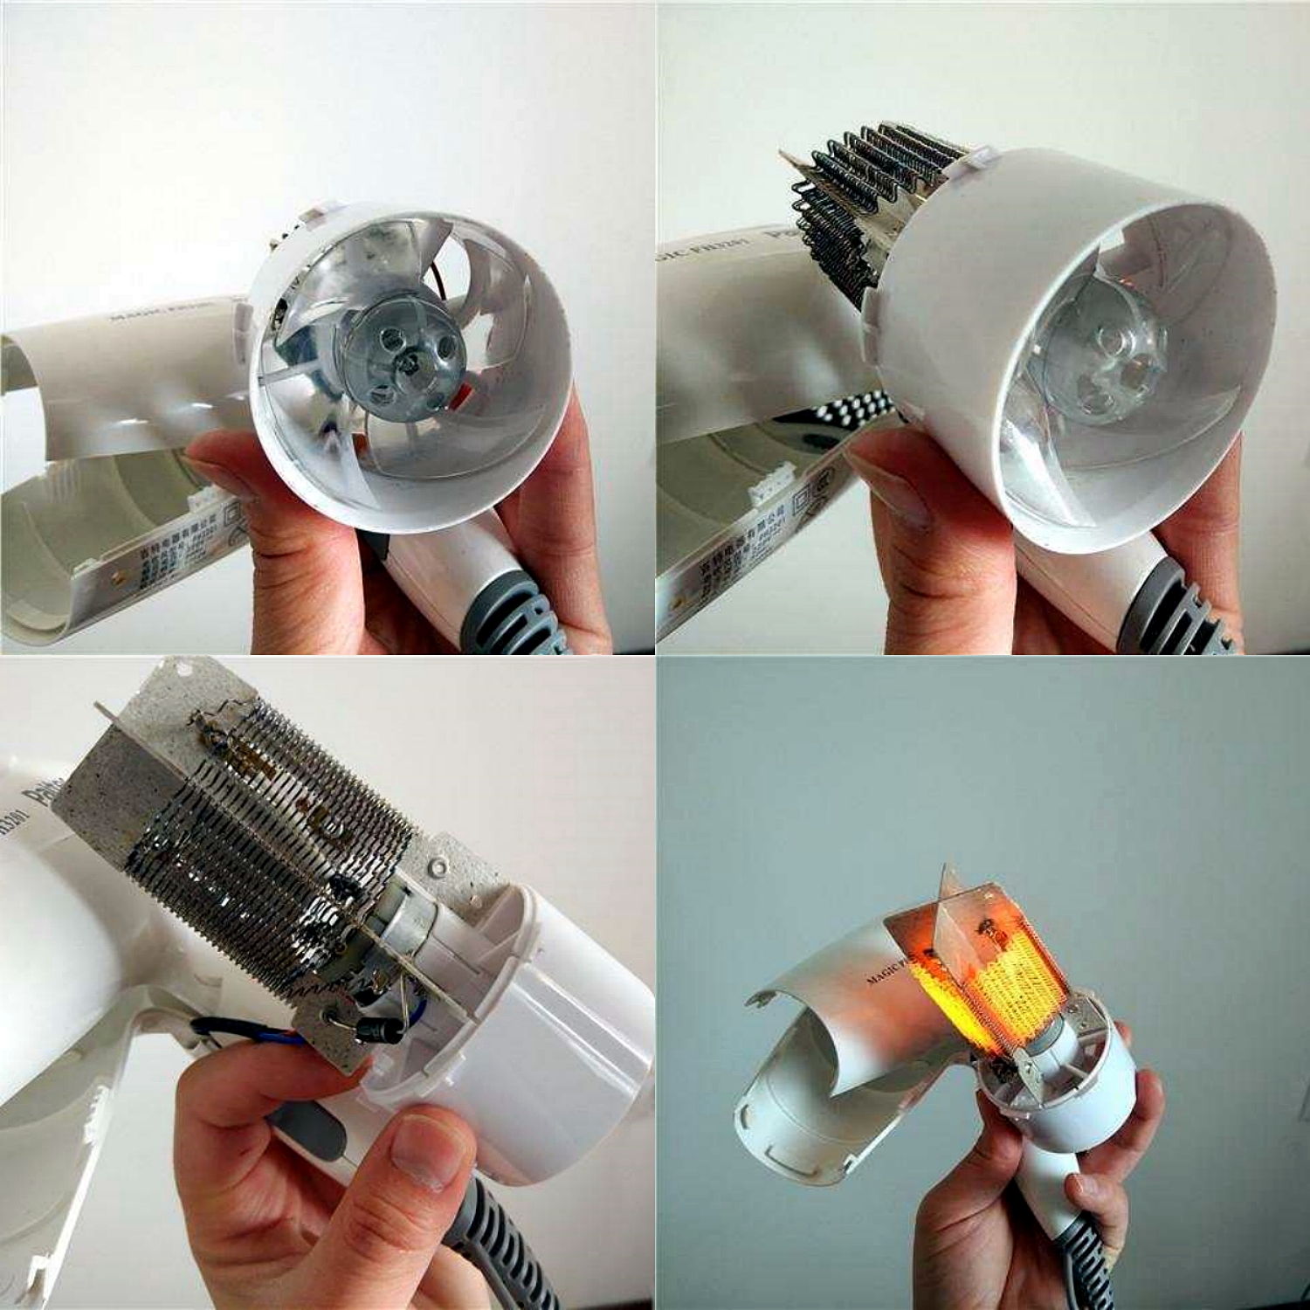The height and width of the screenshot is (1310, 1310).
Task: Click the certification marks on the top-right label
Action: click(x=808, y=498)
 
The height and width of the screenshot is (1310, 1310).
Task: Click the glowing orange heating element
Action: click(x=978, y=978)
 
